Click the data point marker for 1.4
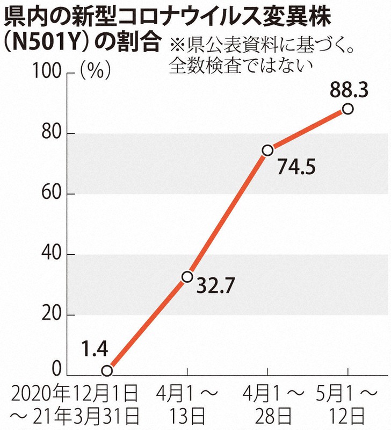click(x=107, y=370)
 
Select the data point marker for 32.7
click(x=187, y=276)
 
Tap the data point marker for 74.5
click(x=267, y=150)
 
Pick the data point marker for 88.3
click(x=347, y=109)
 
